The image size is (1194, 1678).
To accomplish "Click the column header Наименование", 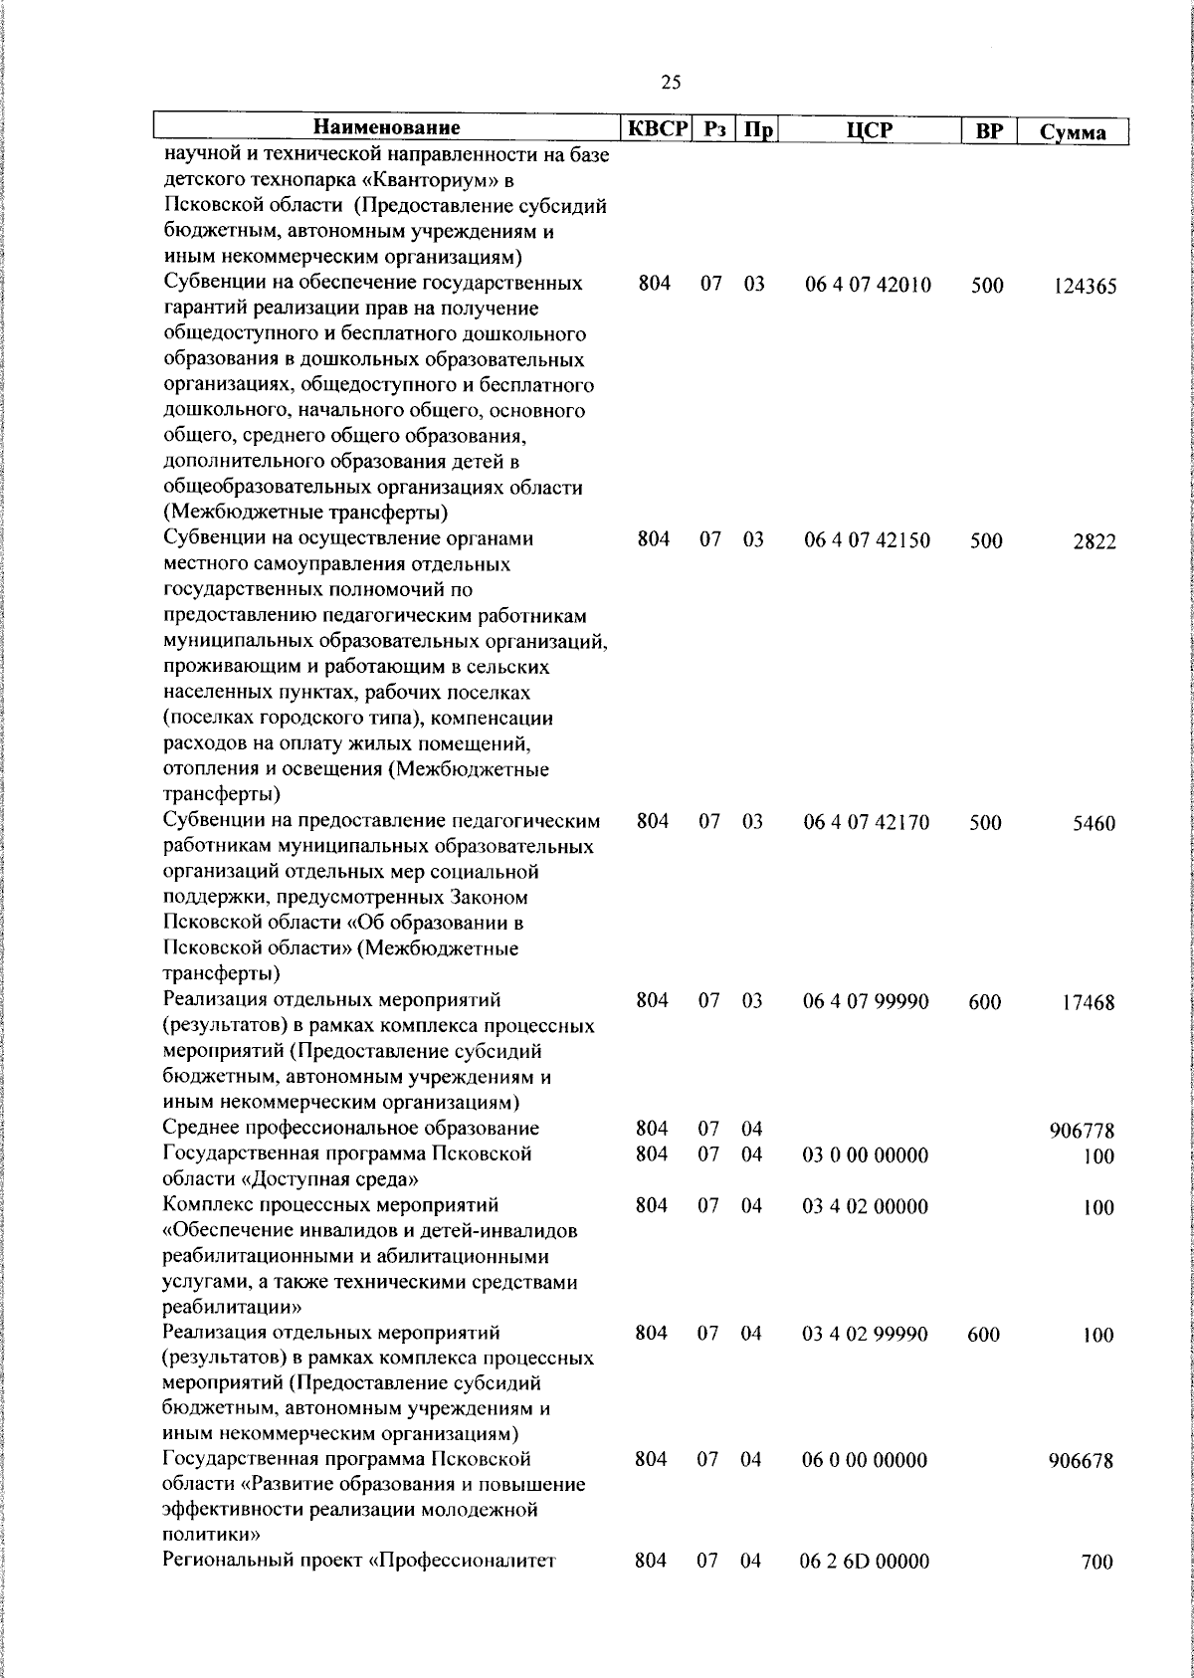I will (387, 128).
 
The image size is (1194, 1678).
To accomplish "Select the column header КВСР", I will (657, 128).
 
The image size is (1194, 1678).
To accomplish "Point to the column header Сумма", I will (1073, 131).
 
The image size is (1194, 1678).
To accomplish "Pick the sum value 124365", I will (1086, 287).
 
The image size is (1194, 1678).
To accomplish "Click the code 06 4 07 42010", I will (868, 286).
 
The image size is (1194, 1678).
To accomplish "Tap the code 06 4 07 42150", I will (868, 540).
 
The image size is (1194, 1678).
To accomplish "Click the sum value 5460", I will (1094, 824).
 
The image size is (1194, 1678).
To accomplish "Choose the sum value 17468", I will (1089, 1003).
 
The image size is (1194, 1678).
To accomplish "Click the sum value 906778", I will (1082, 1131).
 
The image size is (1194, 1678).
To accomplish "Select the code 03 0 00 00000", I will (865, 1154).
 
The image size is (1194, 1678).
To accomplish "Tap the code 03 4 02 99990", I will (865, 1334).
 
